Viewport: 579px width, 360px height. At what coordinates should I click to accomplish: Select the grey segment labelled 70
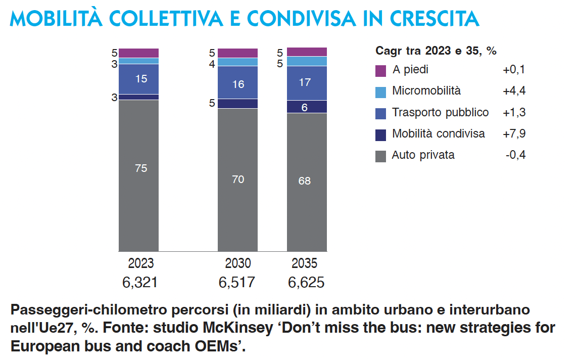pyautogui.click(x=237, y=179)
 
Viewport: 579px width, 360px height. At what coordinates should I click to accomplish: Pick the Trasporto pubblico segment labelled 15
pyautogui.click(x=138, y=79)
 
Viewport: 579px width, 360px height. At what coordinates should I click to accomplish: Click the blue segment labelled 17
pyautogui.click(x=307, y=82)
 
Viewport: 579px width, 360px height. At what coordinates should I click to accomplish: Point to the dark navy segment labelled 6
pyautogui.click(x=307, y=107)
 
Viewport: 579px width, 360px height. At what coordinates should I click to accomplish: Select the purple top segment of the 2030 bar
pyautogui.click(x=237, y=53)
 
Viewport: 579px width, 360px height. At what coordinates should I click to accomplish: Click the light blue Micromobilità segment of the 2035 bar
pyautogui.click(x=307, y=61)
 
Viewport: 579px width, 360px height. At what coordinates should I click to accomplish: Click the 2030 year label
pyautogui.click(x=237, y=263)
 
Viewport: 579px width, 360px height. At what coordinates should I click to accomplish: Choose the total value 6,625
pyautogui.click(x=306, y=282)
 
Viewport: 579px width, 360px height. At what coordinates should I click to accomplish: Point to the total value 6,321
pyautogui.click(x=140, y=282)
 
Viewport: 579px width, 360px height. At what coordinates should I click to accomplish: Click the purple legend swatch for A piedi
pyautogui.click(x=381, y=71)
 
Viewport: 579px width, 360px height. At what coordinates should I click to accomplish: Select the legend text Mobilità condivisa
pyautogui.click(x=439, y=133)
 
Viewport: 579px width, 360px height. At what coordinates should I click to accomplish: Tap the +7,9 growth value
pyautogui.click(x=514, y=133)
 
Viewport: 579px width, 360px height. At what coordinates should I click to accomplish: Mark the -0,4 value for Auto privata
pyautogui.click(x=515, y=155)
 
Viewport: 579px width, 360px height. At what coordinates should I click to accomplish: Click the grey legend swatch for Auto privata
pyautogui.click(x=381, y=156)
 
